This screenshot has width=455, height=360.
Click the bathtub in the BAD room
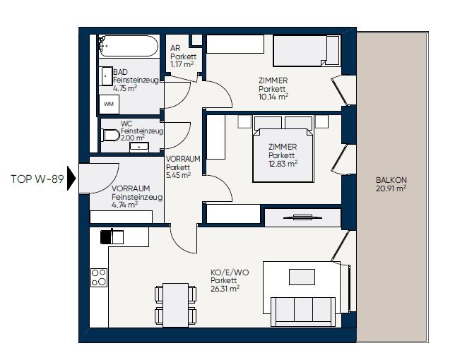point(129,46)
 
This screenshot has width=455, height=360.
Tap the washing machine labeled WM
point(109,104)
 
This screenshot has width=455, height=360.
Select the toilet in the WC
point(111,135)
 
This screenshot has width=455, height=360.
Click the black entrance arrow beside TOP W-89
point(71,178)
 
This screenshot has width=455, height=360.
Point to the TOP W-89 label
point(37,179)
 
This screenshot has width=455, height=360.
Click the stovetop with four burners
point(99,277)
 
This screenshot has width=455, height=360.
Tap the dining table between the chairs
point(175,305)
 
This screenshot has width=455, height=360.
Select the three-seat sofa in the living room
point(303,311)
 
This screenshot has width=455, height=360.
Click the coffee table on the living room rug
point(302,277)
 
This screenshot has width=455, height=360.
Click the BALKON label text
point(391,180)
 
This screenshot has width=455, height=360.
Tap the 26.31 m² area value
point(225,289)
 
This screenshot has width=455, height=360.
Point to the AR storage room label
point(175,48)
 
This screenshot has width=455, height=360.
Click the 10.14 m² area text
point(273,97)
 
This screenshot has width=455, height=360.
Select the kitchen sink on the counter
point(112,236)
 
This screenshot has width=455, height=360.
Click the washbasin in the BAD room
point(106,76)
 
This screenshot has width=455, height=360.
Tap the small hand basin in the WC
point(139,147)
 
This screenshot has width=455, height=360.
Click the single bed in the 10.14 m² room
point(307,51)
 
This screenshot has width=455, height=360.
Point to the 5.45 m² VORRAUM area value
point(178,175)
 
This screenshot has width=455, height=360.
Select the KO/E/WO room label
point(230,272)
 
